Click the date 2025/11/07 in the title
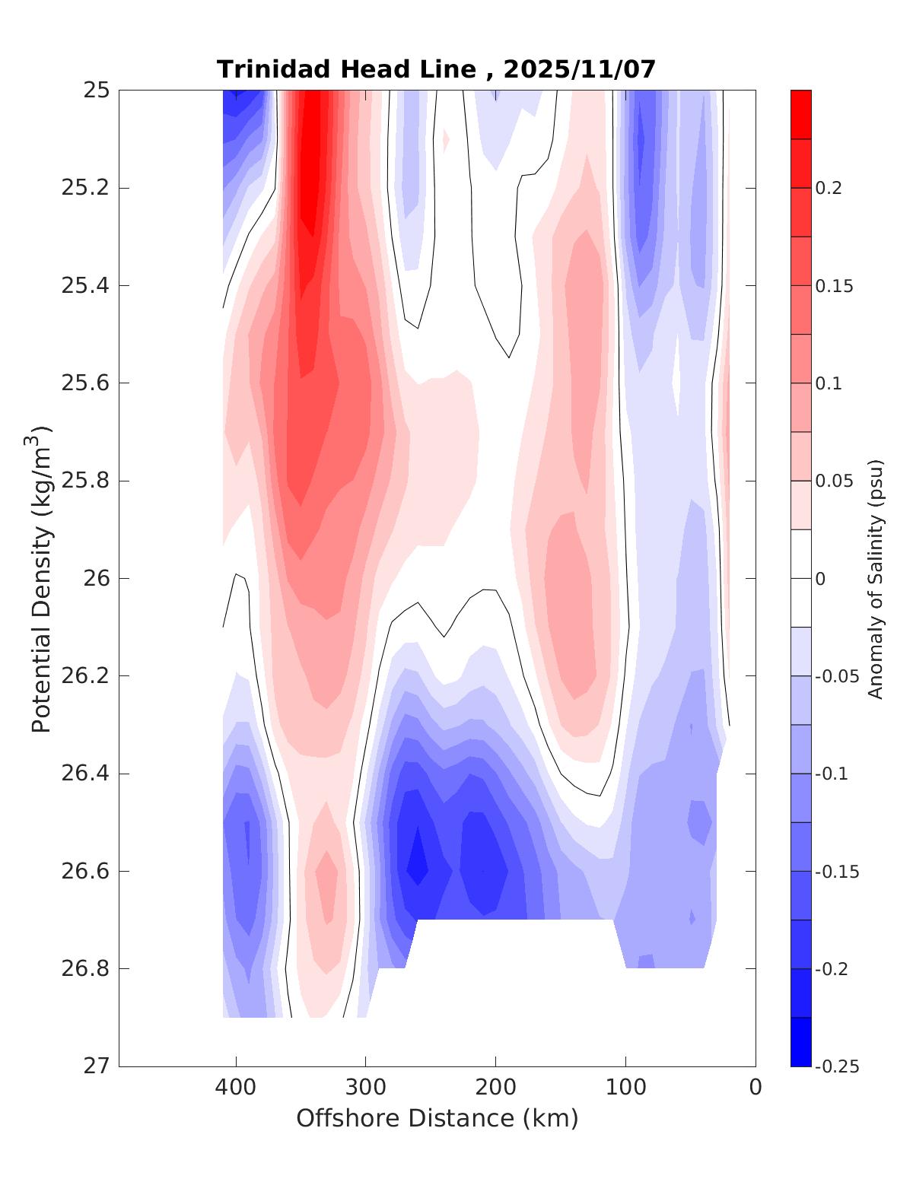(x=579, y=70)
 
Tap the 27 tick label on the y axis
(x=96, y=1066)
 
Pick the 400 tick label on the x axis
(x=236, y=1088)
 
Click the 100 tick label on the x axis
(x=626, y=1088)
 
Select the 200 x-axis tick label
(x=496, y=1088)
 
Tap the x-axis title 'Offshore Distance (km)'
(x=437, y=1119)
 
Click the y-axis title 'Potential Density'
(x=41, y=579)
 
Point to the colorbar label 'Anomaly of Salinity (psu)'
(x=876, y=579)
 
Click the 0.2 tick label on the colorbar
(x=829, y=189)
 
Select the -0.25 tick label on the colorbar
(x=837, y=1067)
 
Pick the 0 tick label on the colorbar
(x=820, y=580)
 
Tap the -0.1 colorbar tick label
(x=832, y=774)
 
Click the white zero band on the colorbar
(x=801, y=578)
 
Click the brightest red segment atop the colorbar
(x=801, y=114)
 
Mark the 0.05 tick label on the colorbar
(x=834, y=481)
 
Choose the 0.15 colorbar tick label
(x=834, y=287)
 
